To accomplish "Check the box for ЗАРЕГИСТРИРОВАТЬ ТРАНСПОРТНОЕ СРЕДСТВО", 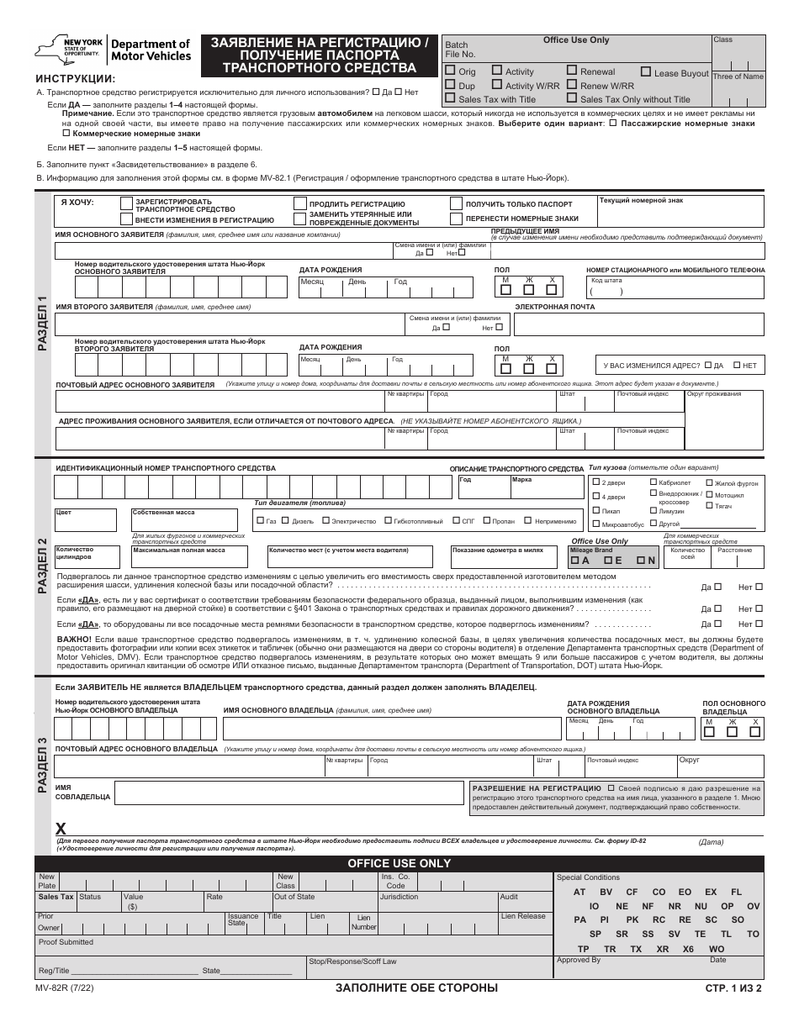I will coord(126,203).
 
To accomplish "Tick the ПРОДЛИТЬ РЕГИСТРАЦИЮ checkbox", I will coord(299,203).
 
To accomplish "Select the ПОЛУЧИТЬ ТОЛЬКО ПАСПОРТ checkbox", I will coord(456,203).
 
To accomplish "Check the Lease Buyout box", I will coord(646,72).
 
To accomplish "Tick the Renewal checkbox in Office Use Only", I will coord(572,71).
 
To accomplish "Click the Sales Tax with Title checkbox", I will coord(451,98).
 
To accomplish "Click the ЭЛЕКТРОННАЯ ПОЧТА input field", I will coord(639,324).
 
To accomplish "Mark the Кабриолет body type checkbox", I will coord(653,482).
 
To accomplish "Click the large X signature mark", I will coord(61,829).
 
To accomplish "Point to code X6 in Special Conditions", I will coord(689,949).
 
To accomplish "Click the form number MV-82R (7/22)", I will coord(66,988).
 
